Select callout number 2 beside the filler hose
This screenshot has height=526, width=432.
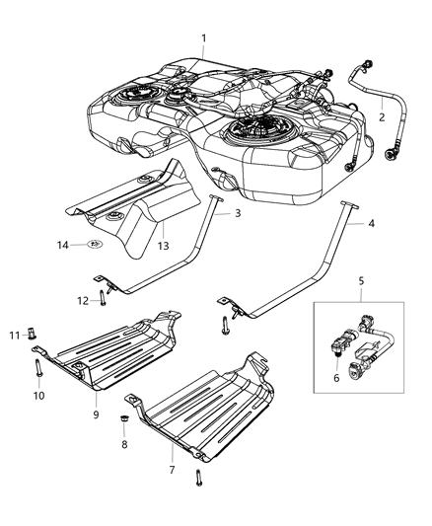[x=382, y=116]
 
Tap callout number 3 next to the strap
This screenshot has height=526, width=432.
[x=238, y=213]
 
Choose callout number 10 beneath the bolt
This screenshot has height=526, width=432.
[x=39, y=396]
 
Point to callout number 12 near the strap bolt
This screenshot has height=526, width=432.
[x=84, y=300]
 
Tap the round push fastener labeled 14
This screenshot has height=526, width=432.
[x=95, y=243]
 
